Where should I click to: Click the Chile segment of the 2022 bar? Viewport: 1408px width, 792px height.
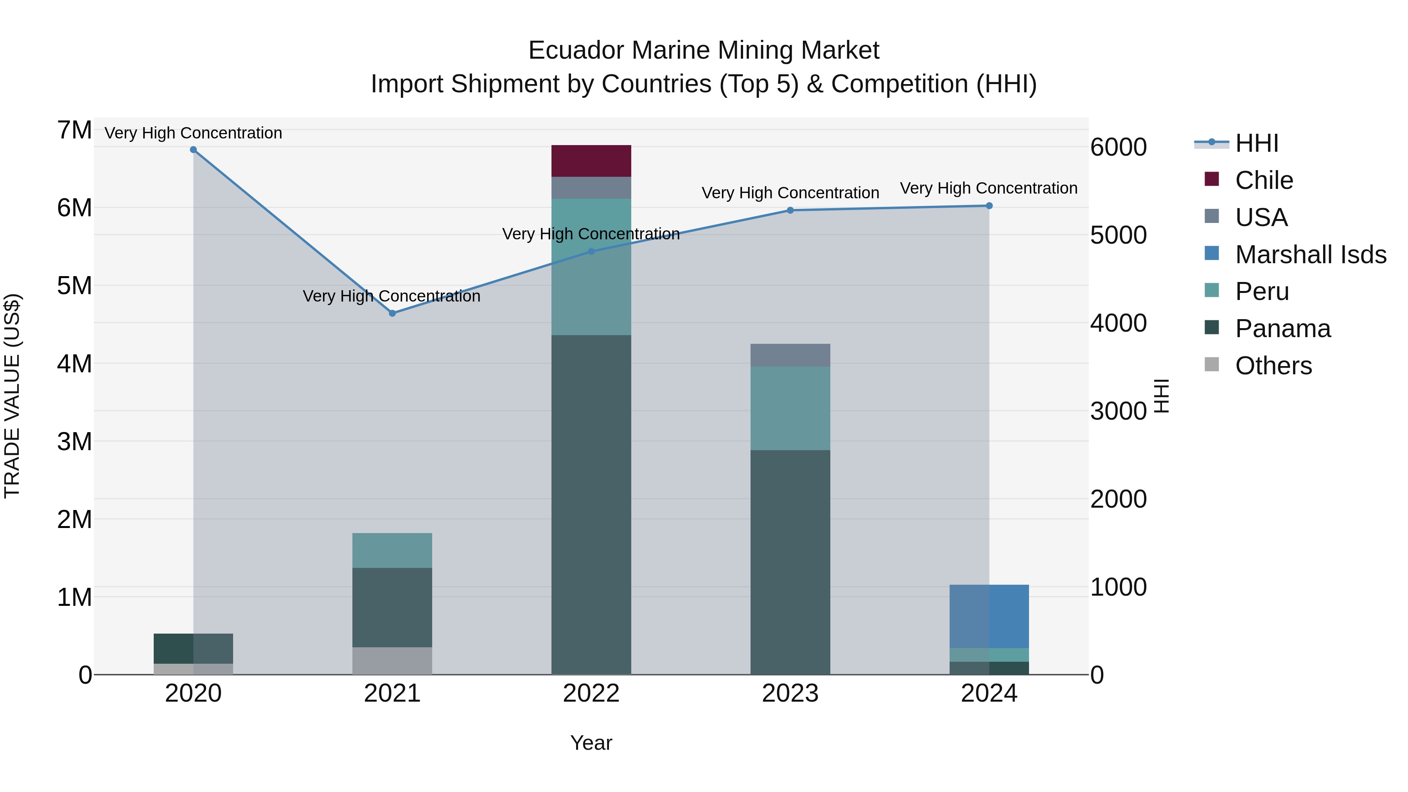591,161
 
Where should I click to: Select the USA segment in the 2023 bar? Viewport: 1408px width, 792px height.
790,355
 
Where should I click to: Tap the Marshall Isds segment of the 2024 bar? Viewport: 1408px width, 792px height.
989,616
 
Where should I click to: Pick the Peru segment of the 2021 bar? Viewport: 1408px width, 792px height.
392,550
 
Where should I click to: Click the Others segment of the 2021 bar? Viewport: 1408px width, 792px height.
392,661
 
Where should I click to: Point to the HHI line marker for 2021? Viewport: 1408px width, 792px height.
392,313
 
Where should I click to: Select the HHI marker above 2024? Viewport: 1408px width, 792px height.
989,205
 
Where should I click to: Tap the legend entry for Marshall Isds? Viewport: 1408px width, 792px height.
1310,255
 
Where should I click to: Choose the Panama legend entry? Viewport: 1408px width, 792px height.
1282,329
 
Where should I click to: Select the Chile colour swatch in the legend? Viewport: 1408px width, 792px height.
1212,179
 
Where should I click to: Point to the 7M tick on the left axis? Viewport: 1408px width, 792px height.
74,130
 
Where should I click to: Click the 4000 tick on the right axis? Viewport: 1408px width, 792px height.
1118,323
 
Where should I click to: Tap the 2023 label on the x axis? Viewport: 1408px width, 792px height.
790,693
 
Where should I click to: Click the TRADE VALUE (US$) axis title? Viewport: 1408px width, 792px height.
12,396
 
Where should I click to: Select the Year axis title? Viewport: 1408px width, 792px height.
591,743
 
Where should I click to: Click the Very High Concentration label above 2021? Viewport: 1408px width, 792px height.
392,296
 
